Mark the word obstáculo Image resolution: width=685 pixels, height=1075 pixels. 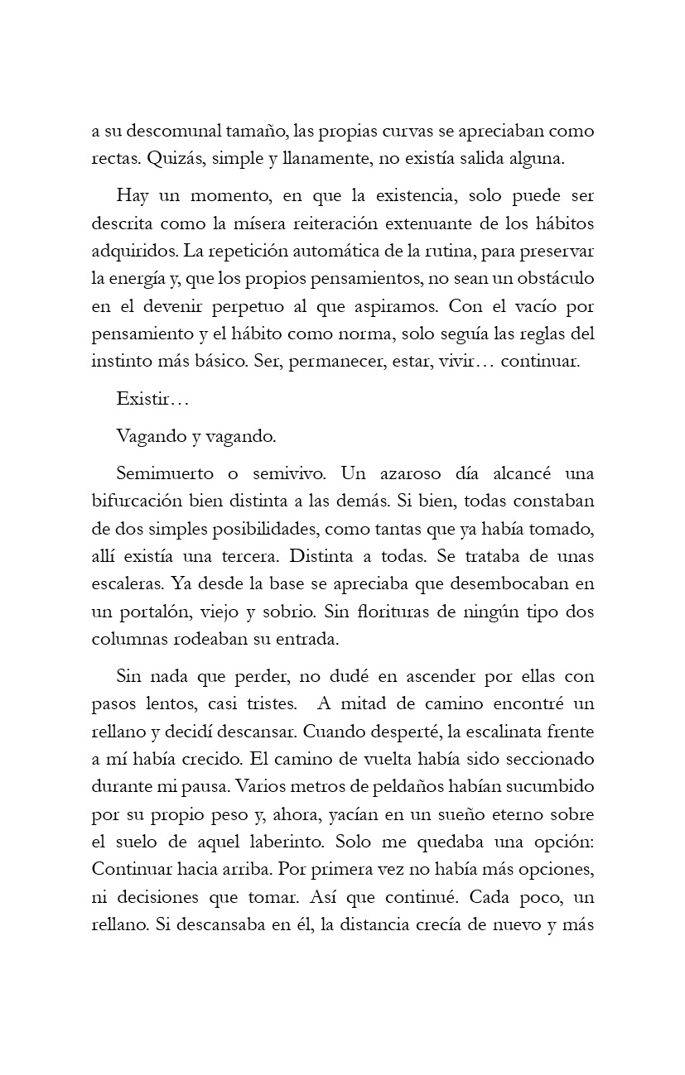pyautogui.click(x=555, y=279)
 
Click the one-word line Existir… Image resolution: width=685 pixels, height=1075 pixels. pyautogui.click(x=153, y=399)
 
